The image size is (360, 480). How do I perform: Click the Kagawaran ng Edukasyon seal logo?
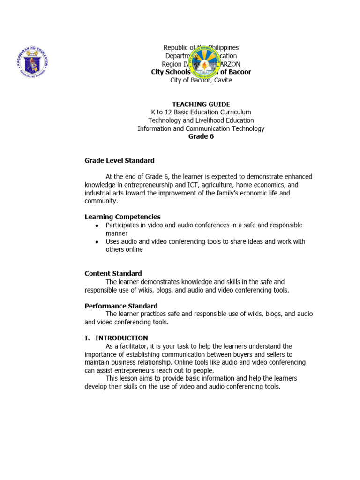pyautogui.click(x=32, y=60)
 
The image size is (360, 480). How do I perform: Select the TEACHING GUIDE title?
pyautogui.click(x=201, y=104)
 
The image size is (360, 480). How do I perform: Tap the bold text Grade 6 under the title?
pyautogui.click(x=201, y=136)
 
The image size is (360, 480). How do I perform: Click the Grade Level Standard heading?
pyautogui.click(x=119, y=160)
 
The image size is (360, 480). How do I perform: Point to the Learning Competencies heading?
pyautogui.click(x=122, y=217)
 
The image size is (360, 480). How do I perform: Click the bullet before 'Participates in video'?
pyautogui.click(x=97, y=226)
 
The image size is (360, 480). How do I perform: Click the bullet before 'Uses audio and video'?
pyautogui.click(x=97, y=242)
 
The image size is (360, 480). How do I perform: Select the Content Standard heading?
pyautogui.click(x=113, y=273)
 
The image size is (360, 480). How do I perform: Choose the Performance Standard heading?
pyautogui.click(x=121, y=306)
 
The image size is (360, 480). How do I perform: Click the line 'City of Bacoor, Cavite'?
pyautogui.click(x=201, y=80)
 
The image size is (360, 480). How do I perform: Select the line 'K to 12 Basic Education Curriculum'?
pyautogui.click(x=201, y=112)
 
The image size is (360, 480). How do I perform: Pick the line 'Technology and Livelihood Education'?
pyautogui.click(x=201, y=120)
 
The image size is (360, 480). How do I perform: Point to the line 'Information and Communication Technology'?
pyautogui.click(x=201, y=128)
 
